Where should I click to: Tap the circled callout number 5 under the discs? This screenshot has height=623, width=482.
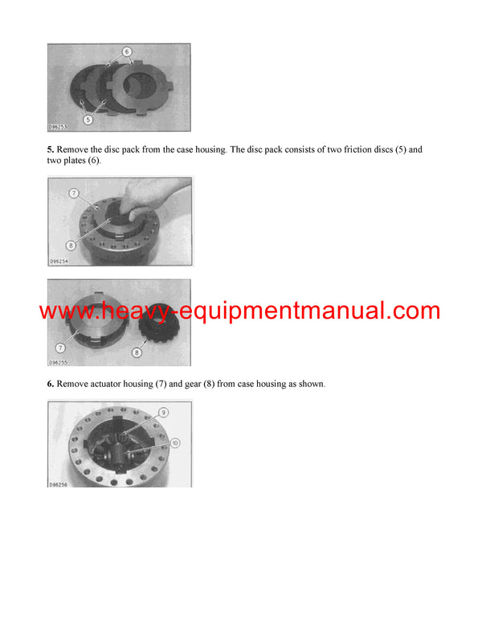88,120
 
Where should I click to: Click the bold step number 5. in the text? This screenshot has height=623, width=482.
51,150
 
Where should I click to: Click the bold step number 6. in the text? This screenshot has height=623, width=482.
51,385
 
